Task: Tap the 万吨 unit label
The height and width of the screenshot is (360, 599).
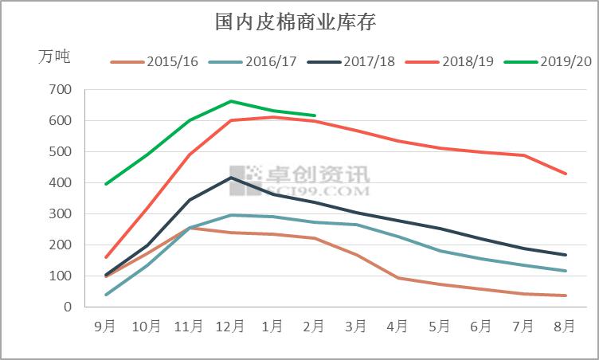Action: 54,57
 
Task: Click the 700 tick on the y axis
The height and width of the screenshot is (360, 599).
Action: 61,90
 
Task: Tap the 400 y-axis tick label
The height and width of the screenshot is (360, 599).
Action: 61,183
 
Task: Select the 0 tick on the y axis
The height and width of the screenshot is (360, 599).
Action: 68,307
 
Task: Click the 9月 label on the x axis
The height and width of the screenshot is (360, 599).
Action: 106,326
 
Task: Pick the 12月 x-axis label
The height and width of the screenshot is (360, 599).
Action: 231,326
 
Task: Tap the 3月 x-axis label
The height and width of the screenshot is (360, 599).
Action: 356,326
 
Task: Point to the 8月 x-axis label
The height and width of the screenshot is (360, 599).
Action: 565,326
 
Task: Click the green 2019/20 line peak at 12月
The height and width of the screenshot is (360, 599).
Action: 231,101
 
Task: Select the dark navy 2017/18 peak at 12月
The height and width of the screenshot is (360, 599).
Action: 231,177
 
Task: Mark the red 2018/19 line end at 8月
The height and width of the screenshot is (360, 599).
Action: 565,174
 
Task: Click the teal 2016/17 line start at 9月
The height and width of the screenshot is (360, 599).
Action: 106,295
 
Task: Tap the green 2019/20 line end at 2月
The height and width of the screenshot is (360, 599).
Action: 315,115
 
